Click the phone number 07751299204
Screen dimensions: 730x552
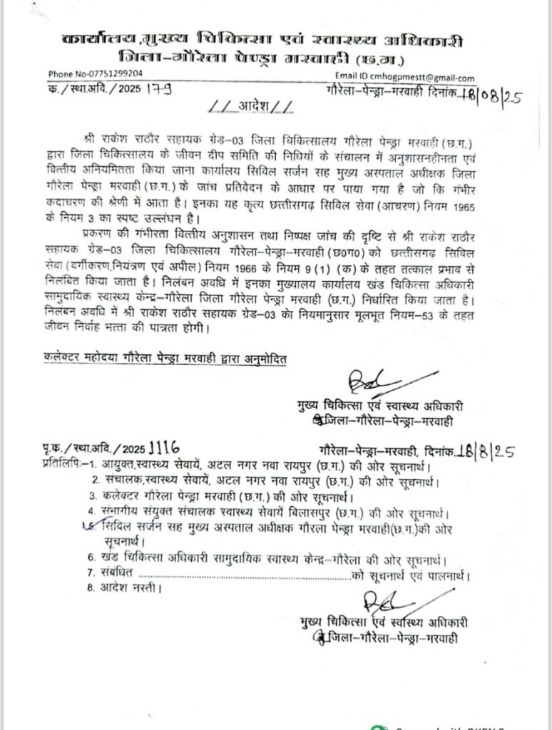coord(116,73)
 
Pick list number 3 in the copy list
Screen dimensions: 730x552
coord(93,495)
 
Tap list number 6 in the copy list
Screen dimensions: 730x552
coord(92,558)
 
